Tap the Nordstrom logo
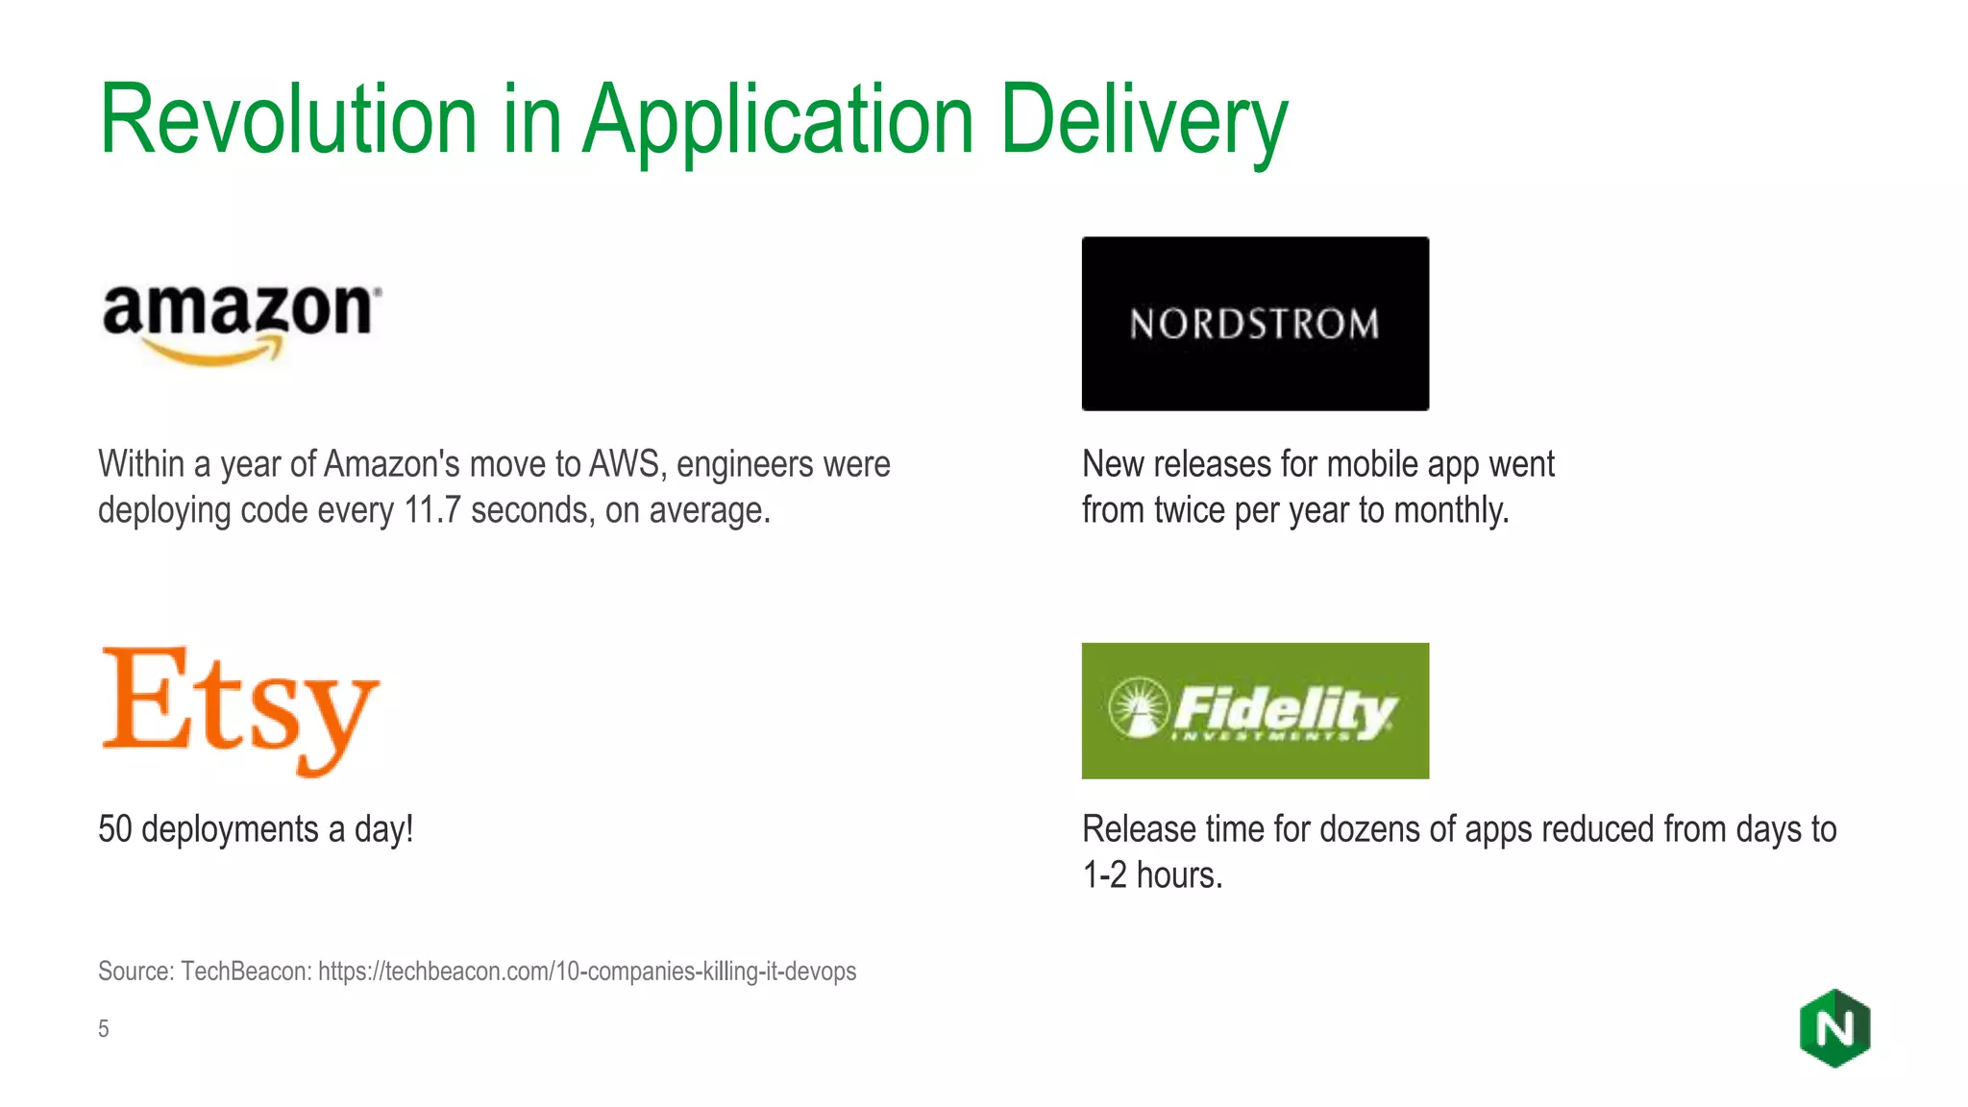(1255, 324)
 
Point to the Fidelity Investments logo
(1255, 711)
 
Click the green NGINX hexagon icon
(1834, 1028)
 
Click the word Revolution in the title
(288, 120)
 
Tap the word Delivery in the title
(1144, 120)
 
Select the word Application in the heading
(778, 120)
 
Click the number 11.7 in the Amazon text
(432, 510)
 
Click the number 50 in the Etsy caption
(114, 829)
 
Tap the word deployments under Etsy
(230, 829)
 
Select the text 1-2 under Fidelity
(1104, 875)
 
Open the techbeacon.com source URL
(587, 972)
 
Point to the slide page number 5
(104, 1029)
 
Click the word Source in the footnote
(135, 972)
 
